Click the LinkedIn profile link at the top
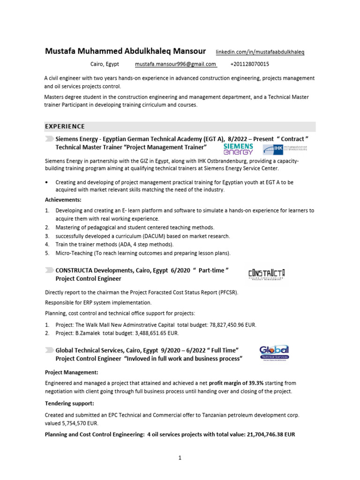click(260, 52)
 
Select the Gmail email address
click(175, 64)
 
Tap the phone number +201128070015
click(250, 64)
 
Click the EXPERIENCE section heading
click(65, 127)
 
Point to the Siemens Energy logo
click(238, 149)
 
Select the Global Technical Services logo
click(274, 352)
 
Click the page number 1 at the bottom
click(180, 458)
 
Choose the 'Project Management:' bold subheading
click(71, 373)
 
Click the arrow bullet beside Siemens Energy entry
click(49, 140)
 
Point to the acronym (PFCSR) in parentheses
click(227, 292)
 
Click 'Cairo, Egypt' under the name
click(105, 64)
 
